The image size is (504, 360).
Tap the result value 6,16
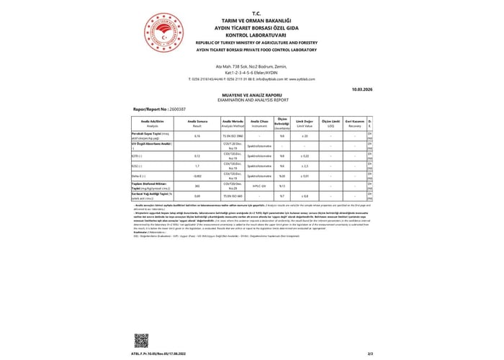click(197, 135)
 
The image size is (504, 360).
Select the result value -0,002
click(197, 175)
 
